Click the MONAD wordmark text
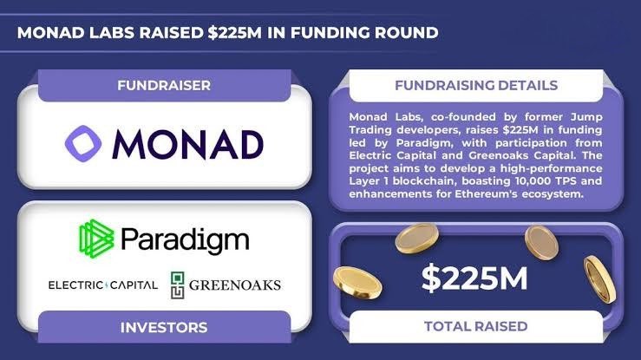click(186, 144)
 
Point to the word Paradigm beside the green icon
click(184, 239)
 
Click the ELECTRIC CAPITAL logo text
click(102, 285)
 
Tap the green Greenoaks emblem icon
click(178, 285)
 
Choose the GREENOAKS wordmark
click(234, 285)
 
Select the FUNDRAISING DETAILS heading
click(475, 86)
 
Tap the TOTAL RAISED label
click(475, 327)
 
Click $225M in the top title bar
click(263, 33)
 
